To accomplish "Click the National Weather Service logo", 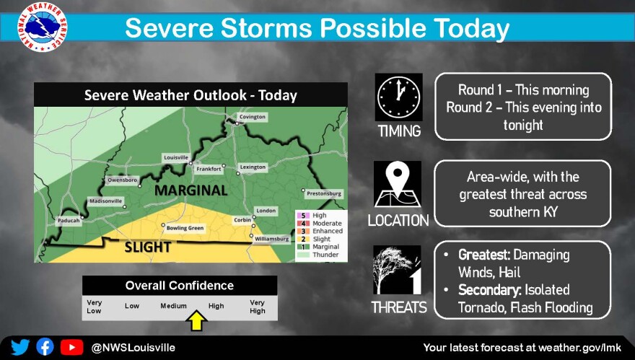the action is [x=43, y=27].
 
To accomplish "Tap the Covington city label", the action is [x=253, y=117].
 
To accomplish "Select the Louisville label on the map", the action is [x=176, y=157].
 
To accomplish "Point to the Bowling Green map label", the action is [x=185, y=228].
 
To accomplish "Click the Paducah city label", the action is [x=69, y=221].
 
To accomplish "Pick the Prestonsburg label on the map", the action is [x=324, y=193].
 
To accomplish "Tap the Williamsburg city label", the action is [x=272, y=239].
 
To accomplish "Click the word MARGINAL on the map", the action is [x=190, y=190].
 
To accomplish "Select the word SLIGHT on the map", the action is [x=147, y=247].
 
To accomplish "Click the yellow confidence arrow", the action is [x=196, y=321].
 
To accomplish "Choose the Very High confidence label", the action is [x=257, y=307].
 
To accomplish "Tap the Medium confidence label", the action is [x=173, y=306].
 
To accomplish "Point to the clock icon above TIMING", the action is [x=398, y=97].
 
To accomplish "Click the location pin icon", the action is [x=398, y=185].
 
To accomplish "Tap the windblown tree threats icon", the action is [x=397, y=270].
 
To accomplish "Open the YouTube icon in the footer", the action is [x=72, y=348].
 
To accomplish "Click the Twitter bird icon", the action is [x=20, y=348].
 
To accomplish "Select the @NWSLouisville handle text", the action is [x=133, y=348].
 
